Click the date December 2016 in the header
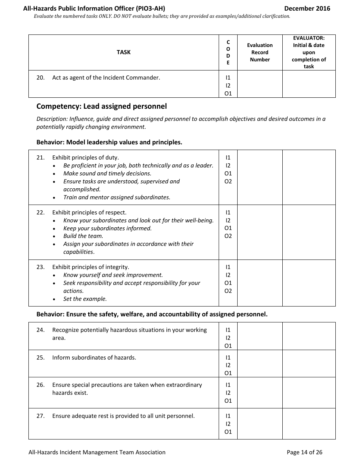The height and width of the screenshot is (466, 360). [x=307, y=8]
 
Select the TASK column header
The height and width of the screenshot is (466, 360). [x=124, y=52]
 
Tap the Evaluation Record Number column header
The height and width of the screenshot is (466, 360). [x=260, y=52]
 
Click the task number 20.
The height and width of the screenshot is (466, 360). [x=41, y=78]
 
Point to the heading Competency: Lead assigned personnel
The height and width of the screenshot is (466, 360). [x=102, y=106]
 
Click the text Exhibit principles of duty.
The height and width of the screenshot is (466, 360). [x=85, y=158]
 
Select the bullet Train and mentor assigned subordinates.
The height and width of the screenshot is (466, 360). [x=117, y=197]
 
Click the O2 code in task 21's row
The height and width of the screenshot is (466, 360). [x=228, y=181]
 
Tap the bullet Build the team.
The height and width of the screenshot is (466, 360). [x=83, y=236]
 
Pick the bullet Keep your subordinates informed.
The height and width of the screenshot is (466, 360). [x=107, y=228]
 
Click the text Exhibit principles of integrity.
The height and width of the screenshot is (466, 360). [x=91, y=267]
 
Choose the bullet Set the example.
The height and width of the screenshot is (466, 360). [x=85, y=299]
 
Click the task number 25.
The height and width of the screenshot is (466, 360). [x=41, y=358]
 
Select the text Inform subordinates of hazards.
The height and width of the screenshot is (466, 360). [x=94, y=358]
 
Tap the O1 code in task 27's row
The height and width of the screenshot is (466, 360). [x=228, y=432]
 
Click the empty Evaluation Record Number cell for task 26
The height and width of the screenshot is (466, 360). [x=260, y=393]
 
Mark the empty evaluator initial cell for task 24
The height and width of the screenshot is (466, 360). [x=309, y=336]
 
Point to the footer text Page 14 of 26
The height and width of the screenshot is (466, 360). [x=304, y=452]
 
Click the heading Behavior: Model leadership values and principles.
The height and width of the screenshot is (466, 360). [x=109, y=142]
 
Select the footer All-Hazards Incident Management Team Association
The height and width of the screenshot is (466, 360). [x=97, y=452]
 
